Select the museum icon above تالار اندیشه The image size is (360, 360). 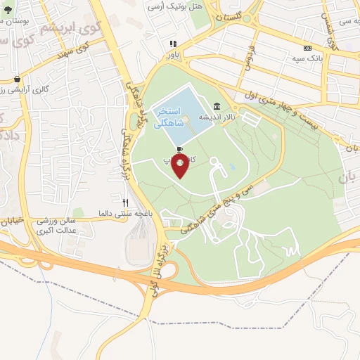[x=215, y=106]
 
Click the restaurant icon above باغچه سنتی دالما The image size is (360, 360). [x=124, y=202]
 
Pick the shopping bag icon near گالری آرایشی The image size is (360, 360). [x=17, y=79]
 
